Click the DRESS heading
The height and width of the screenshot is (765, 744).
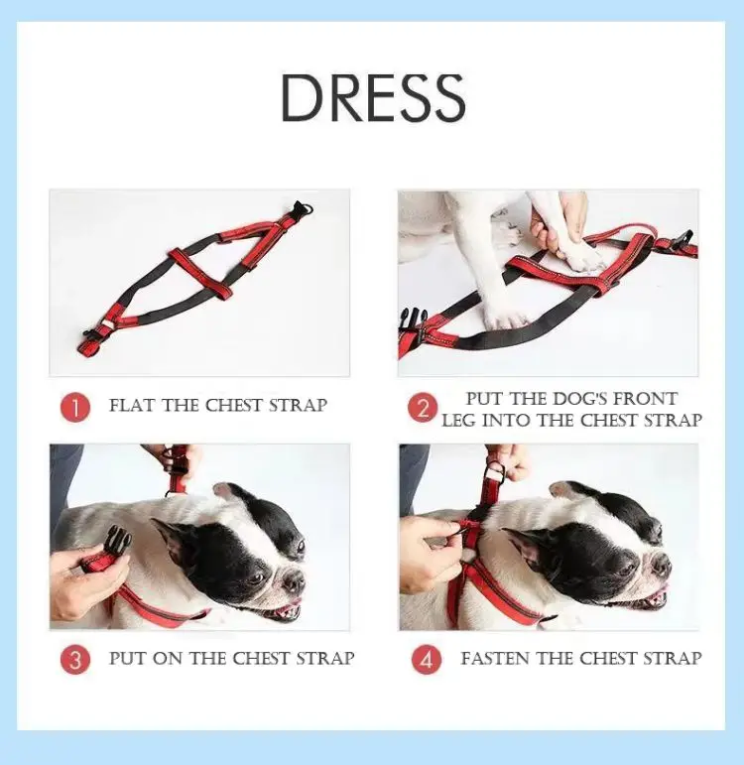coord(373,98)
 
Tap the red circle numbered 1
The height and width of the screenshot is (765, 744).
coord(75,408)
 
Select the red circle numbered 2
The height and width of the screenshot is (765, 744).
coord(423,408)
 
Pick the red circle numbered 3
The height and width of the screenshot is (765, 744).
coord(75,660)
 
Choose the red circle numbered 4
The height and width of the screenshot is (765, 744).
coord(427,660)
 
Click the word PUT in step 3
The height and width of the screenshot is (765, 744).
coord(128,658)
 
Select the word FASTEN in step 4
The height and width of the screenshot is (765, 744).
coord(496,658)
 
